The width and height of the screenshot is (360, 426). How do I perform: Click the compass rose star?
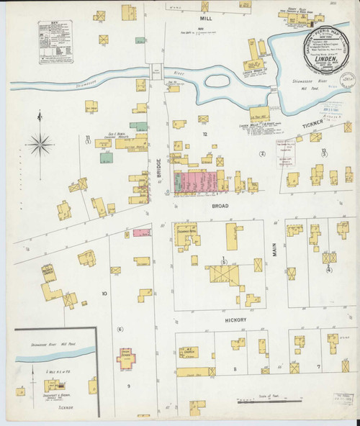pos(40,145)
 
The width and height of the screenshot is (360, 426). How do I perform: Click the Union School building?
pos(127,358)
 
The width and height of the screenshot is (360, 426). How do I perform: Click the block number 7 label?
pos(318,366)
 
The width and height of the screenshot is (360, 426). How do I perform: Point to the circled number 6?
pos(120,330)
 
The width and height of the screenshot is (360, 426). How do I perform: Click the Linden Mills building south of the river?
pos(259,113)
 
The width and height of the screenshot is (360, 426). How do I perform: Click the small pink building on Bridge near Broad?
pos(142,233)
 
